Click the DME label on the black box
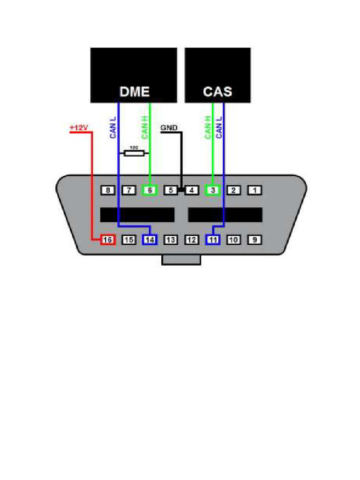135,91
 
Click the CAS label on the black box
217,91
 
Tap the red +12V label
78,127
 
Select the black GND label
169,127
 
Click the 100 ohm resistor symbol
134,153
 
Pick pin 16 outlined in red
108,240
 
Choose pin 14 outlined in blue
150,240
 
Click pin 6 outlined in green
150,190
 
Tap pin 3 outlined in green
213,190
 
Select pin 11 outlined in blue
213,240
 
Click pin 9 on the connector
255,240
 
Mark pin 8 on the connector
108,190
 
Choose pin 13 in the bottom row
171,240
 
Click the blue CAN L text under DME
113,127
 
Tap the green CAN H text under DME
145,127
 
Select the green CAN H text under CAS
208,127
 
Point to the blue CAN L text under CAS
219,127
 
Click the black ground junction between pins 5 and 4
181,190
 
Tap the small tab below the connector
181,260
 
